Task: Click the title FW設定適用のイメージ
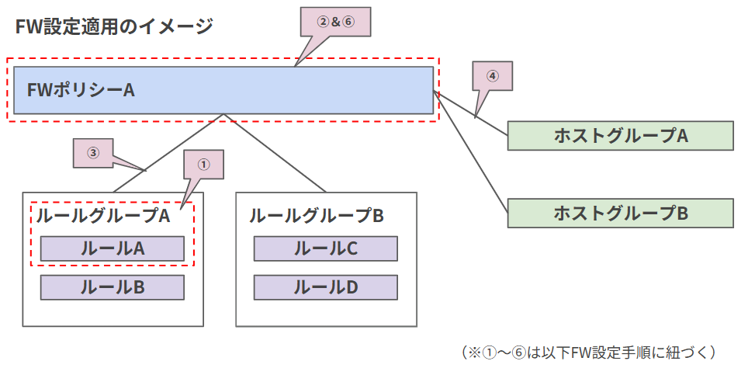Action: [x=113, y=26]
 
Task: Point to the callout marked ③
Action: [x=93, y=153]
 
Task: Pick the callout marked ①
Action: [x=203, y=165]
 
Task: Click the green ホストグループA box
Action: [x=620, y=135]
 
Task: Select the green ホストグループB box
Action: [x=620, y=213]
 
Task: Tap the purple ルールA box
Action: [x=112, y=248]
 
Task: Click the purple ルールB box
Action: [x=112, y=287]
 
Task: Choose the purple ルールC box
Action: [x=325, y=248]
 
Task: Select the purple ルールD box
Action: [x=325, y=287]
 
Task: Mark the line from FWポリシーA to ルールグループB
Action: [x=275, y=153]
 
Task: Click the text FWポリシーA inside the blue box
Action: [x=81, y=90]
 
